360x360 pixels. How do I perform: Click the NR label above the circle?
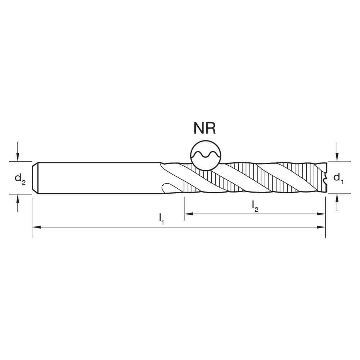(204, 129)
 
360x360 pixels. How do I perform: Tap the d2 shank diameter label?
(20, 178)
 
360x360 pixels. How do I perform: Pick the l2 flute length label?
(255, 206)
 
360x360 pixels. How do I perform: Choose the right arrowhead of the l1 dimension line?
(323, 227)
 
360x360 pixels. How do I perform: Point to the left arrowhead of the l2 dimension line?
(188, 214)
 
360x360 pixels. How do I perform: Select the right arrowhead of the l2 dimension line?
(323, 214)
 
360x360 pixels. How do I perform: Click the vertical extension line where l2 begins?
(184, 209)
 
